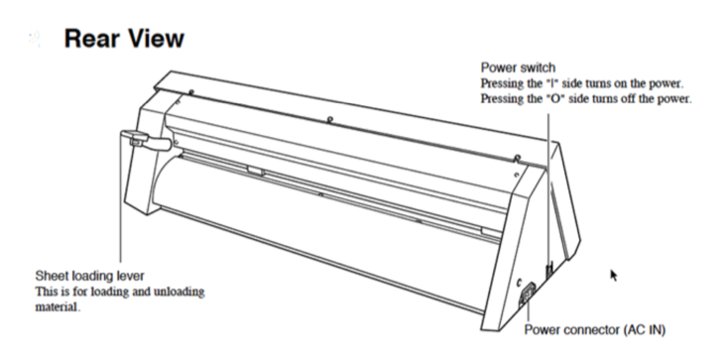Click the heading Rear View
tap(124, 39)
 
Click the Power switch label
tap(518, 67)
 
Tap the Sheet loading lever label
tap(90, 276)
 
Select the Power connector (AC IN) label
tap(595, 330)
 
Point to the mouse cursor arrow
tap(614, 276)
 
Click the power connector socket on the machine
tap(527, 294)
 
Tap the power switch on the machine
tap(549, 271)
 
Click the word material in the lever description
tap(57, 306)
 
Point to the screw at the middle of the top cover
tap(328, 120)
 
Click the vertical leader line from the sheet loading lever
tap(121, 203)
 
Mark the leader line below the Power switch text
tap(548, 189)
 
